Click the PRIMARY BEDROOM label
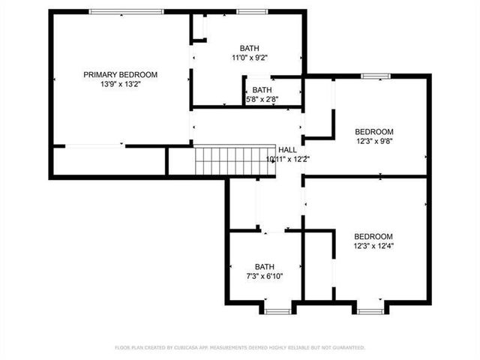click(120, 74)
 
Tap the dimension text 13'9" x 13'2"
click(120, 85)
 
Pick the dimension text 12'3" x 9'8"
click(373, 140)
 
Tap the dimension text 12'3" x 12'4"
click(373, 245)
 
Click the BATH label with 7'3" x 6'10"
click(265, 266)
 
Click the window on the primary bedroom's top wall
click(126, 11)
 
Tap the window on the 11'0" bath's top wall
click(251, 11)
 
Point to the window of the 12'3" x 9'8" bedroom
click(375, 76)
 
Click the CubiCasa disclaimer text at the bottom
click(240, 348)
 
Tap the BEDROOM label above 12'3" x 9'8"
click(373, 130)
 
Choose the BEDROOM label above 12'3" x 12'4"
click(373, 235)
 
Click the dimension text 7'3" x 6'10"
click(265, 276)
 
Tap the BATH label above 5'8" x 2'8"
click(262, 90)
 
